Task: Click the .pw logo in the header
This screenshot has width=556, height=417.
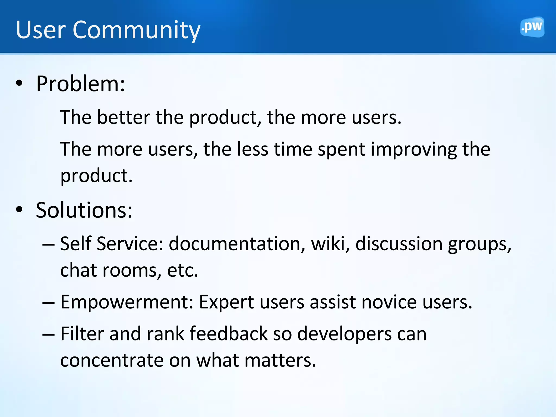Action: [x=532, y=27]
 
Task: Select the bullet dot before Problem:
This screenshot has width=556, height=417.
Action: [x=19, y=83]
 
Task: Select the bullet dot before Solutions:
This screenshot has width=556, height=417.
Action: [x=19, y=210]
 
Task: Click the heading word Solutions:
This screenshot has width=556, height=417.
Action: [x=84, y=210]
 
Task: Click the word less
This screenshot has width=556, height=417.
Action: [x=252, y=149]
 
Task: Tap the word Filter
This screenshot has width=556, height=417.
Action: [x=82, y=334]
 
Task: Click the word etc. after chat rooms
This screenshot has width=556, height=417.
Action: [x=182, y=270]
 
